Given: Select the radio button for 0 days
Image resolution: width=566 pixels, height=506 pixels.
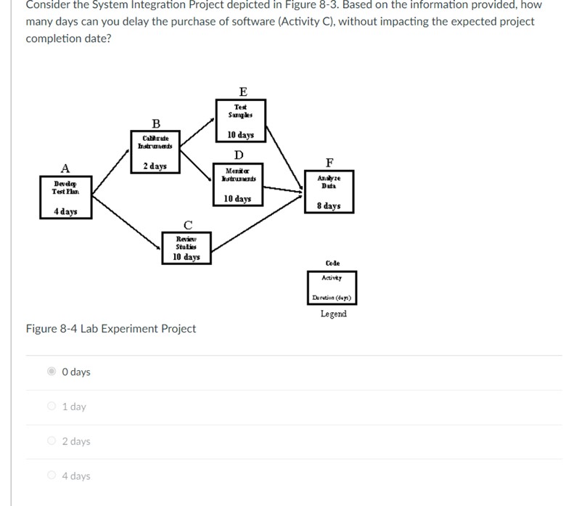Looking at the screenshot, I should click(x=52, y=372).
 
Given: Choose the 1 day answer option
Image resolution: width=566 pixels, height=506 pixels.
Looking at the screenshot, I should click(x=52, y=407).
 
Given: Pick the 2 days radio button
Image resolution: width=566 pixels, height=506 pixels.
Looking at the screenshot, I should click(x=52, y=441).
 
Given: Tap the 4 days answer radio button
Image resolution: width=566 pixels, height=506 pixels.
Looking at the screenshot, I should click(x=52, y=476).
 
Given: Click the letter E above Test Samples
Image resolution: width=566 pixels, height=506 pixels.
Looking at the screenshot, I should click(x=242, y=91).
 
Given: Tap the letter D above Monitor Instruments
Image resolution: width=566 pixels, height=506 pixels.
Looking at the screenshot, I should click(x=239, y=155).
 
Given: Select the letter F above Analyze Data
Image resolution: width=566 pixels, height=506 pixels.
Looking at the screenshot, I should click(x=330, y=162).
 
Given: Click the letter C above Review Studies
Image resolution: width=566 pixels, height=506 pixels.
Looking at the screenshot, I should click(x=188, y=224).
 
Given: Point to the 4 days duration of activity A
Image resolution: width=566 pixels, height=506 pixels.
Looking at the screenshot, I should click(x=65, y=212).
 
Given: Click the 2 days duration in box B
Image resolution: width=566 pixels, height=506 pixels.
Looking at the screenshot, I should click(x=155, y=166).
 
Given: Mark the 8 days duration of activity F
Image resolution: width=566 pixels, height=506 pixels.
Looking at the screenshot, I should click(x=329, y=206).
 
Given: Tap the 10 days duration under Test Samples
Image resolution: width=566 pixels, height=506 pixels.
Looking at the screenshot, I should click(x=240, y=135).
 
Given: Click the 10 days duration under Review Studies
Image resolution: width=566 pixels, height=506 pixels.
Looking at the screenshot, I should click(x=186, y=257).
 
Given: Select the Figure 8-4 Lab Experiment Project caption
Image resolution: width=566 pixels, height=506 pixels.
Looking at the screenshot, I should click(x=111, y=329).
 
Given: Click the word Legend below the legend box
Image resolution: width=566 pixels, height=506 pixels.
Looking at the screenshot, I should click(x=333, y=314).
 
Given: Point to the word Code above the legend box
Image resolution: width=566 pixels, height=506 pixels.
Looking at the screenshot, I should click(x=332, y=263).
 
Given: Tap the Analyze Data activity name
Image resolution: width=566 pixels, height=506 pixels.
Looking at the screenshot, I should click(x=329, y=181).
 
